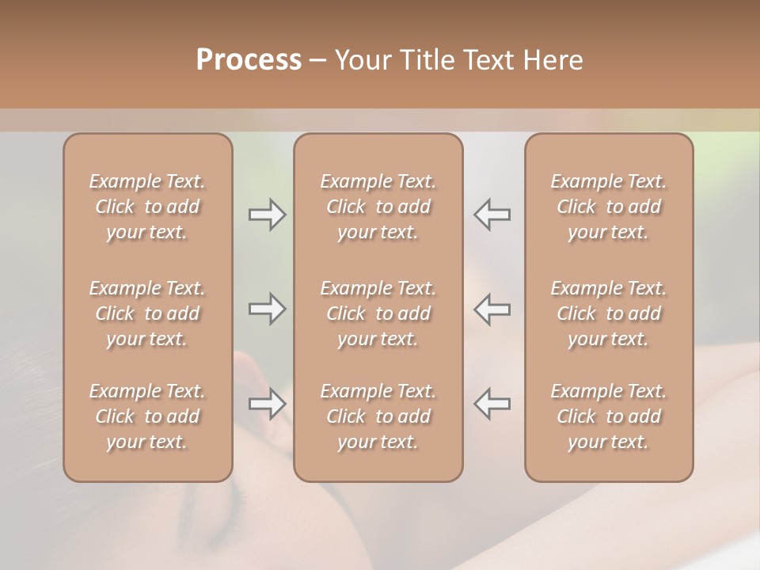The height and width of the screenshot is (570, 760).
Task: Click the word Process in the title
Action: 249,60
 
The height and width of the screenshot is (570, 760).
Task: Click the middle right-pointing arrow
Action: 268,309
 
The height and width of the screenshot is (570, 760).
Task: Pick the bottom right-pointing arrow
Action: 268,404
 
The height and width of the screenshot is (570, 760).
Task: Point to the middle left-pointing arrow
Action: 492,309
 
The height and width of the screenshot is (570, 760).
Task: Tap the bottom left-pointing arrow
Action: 492,404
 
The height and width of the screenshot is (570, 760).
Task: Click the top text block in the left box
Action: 147,207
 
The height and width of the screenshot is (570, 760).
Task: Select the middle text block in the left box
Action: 147,313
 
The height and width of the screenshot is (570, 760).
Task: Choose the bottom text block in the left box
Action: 147,416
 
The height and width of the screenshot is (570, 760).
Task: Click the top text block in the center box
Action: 378,207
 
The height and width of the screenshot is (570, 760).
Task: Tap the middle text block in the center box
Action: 378,313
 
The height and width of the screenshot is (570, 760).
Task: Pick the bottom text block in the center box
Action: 378,416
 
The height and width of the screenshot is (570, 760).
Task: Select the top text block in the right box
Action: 609,207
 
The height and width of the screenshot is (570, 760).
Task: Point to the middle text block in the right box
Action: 609,313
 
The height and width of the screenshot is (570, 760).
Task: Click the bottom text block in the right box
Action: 609,416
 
